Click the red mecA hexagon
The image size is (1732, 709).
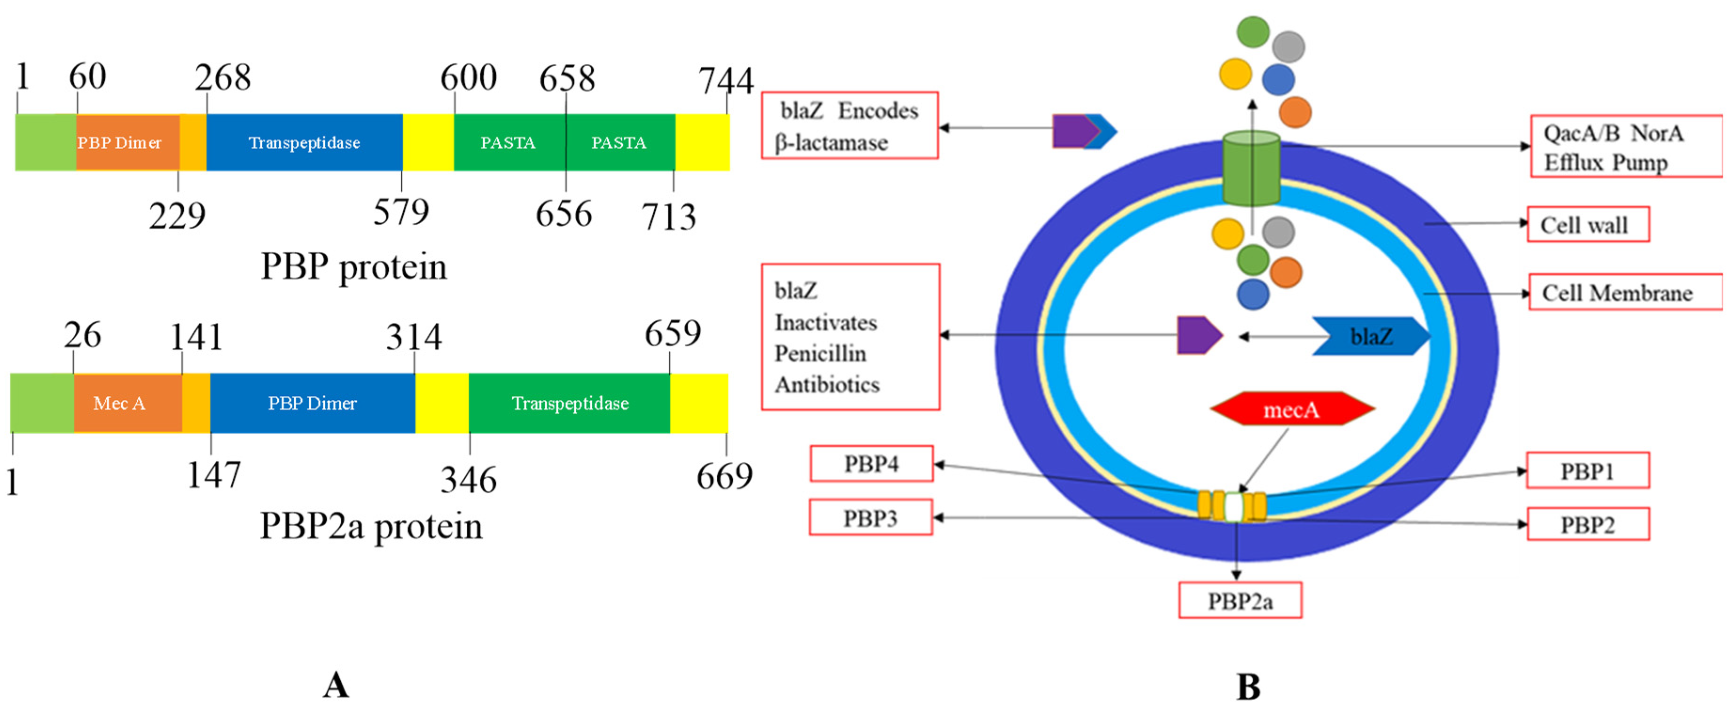pyautogui.click(x=1292, y=409)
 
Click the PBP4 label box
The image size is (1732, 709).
pyautogui.click(x=871, y=464)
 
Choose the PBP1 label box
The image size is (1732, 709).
pyautogui.click(x=1587, y=470)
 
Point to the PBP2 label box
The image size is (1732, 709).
pyautogui.click(x=1587, y=524)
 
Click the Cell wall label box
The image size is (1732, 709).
pyautogui.click(x=1587, y=225)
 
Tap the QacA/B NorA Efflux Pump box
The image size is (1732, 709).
pyautogui.click(x=1625, y=147)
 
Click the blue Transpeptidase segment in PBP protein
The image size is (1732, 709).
pyautogui.click(x=304, y=142)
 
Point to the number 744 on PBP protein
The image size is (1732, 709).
pyautogui.click(x=726, y=81)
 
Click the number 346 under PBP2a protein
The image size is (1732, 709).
pyautogui.click(x=469, y=480)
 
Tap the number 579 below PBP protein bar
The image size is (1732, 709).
pyautogui.click(x=401, y=212)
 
